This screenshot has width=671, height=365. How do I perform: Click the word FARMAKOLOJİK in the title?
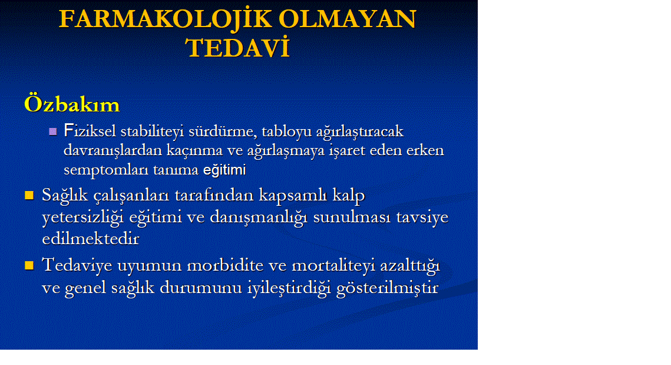pos(165,19)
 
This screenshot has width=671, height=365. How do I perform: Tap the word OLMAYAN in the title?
pos(348,19)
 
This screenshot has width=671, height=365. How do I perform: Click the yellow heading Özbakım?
pos(72,104)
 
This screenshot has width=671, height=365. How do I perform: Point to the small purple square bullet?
pos(53,131)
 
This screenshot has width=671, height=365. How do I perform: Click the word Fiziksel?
pos(90,131)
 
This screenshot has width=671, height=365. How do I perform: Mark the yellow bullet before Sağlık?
pos(29,195)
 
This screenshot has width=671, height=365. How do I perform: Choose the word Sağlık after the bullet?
pos(65,196)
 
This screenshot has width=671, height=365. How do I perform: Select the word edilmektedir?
pos(91,238)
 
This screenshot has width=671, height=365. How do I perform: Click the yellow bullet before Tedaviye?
pos(29,265)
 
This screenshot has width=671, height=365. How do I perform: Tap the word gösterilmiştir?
pos(387,288)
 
